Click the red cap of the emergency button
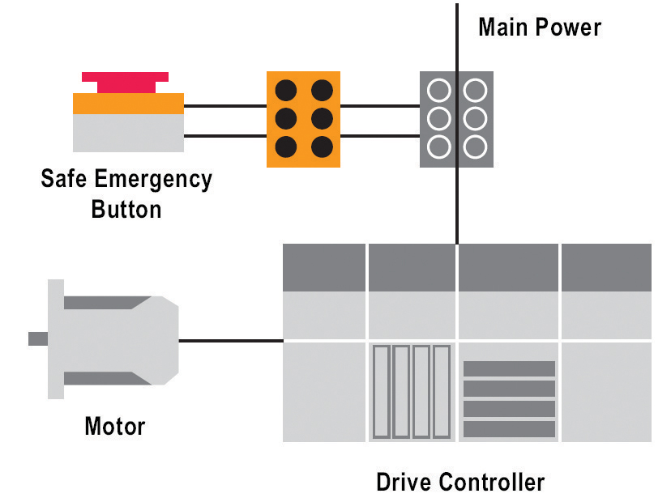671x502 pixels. coord(125,82)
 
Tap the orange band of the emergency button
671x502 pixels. coord(128,104)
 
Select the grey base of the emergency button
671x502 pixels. coord(128,133)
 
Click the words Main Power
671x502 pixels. coord(539,28)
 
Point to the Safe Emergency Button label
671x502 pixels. coord(126,194)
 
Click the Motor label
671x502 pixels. coord(114,426)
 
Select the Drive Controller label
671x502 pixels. coord(460,483)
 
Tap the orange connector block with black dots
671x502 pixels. coord(303,119)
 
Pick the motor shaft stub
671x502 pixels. coord(37,338)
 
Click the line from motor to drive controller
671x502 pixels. coord(230,341)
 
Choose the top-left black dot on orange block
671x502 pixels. coord(285,90)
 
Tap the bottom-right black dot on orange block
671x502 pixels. coord(322,147)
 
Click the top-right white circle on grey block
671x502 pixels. coord(475,90)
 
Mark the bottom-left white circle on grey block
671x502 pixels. coord(438,147)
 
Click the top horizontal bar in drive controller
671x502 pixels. coord(509,369)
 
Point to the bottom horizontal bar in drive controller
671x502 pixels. coord(509,429)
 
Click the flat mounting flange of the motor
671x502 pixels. coord(55,338)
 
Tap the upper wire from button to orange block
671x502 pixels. coord(224,105)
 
